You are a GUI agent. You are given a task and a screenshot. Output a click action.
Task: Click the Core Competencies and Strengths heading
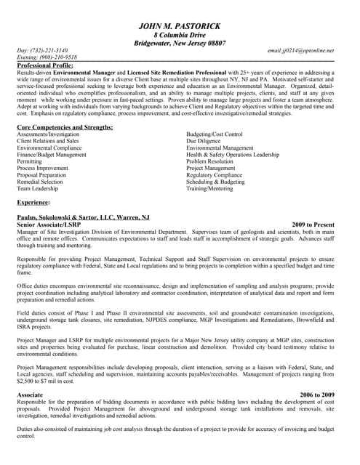65,127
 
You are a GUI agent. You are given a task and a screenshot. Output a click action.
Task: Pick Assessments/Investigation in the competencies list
48,134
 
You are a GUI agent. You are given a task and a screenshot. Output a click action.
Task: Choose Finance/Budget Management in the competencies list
52,155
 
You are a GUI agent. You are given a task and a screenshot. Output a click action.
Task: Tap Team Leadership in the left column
37,189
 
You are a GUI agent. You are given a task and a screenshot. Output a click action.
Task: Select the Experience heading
33,203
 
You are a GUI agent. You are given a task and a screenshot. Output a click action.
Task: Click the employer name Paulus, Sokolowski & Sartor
83,217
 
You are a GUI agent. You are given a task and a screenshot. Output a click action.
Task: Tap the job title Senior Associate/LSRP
49,225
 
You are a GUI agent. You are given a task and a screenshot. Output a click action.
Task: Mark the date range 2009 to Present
313,225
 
